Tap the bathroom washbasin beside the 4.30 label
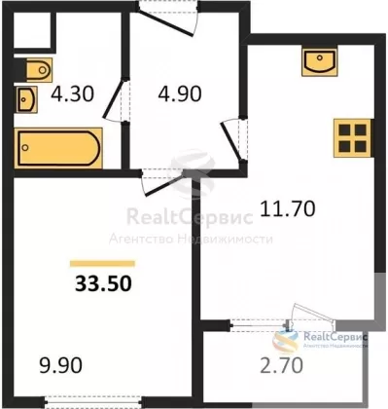26,99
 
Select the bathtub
58,148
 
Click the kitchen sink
320,62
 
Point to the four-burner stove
352,138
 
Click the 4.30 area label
73,93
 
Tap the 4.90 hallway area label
180,93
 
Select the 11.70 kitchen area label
288,208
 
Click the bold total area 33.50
103,283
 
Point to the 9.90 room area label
60,365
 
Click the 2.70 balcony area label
281,365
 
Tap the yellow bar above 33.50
102,264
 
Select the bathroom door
115,99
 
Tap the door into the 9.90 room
162,183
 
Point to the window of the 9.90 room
93,401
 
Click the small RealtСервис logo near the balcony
320,340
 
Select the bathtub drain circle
25,148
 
